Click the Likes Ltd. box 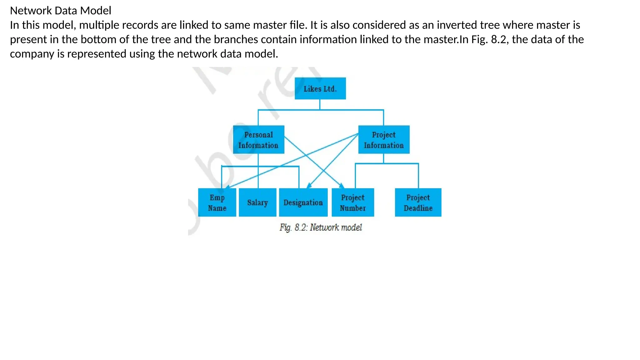pos(320,88)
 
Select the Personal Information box pos(258,139)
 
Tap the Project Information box pos(384,139)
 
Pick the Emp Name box pos(217,202)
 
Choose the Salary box pos(257,202)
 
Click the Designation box pos(303,202)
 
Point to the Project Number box pos(352,202)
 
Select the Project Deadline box pos(418,202)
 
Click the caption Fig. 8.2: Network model pos(321,227)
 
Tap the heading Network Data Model pos(61,11)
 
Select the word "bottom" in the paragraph pos(98,39)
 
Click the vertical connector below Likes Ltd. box pos(320,104)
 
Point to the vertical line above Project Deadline pos(418,176)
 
